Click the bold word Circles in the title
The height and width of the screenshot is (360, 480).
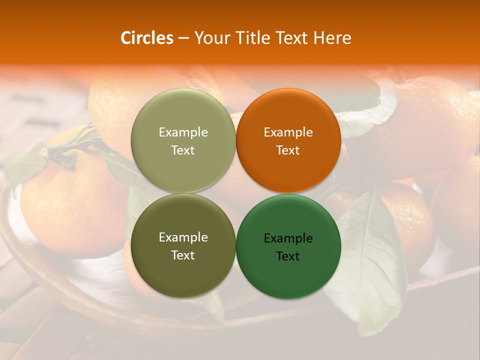146,38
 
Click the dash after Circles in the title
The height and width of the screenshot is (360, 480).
183,38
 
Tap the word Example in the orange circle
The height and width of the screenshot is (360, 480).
288,132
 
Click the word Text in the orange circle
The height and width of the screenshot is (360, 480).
288,150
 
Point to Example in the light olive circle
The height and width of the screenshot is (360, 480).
183,132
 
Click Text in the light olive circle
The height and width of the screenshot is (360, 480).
183,150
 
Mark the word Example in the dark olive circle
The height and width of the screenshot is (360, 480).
183,237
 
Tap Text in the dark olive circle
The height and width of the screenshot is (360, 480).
183,255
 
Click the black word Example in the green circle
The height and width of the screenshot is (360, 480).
288,238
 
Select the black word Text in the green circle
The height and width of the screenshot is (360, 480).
288,256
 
